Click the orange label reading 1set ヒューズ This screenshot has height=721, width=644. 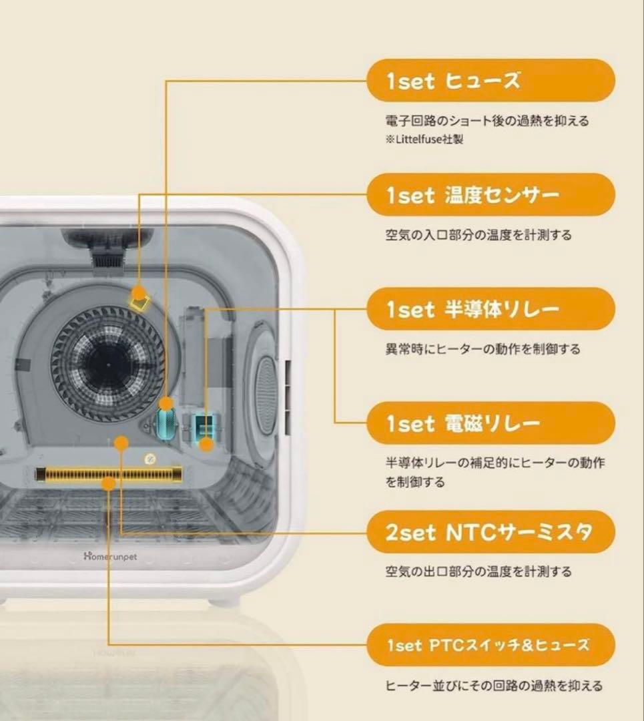(x=491, y=81)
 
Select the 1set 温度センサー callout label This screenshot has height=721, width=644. (x=491, y=195)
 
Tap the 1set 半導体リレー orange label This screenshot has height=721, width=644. (x=491, y=309)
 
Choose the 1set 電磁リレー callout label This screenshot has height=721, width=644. (x=491, y=423)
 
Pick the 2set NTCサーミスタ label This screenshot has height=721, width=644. (x=491, y=532)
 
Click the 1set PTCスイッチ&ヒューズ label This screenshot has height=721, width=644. (x=491, y=645)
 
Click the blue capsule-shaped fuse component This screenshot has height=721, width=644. (x=166, y=422)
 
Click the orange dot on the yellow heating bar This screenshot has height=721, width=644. (x=107, y=483)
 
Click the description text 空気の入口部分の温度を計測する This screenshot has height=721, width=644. (x=478, y=235)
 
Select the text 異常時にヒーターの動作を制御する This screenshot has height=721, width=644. (x=482, y=349)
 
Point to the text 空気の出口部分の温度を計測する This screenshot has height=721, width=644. (x=478, y=571)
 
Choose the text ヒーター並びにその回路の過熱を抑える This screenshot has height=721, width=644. (x=494, y=686)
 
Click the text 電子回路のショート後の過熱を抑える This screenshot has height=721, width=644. (x=487, y=122)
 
